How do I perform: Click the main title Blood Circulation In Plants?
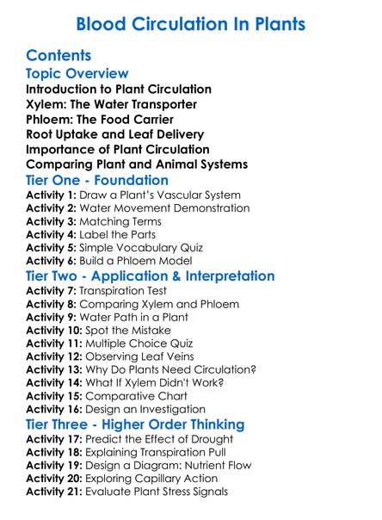pos(190,24)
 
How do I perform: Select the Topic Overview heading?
pos(77,74)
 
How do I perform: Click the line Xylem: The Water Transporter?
pos(111,104)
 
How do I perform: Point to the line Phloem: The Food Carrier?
pos(104,119)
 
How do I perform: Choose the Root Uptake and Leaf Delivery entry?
pos(115,133)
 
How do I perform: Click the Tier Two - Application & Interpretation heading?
pos(151,276)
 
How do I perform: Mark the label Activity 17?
pos(57,439)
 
